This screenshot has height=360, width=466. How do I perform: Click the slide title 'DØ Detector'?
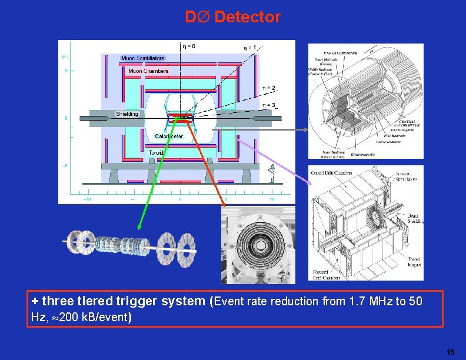(x=233, y=17)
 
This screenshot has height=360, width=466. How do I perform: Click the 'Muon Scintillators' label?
(x=142, y=58)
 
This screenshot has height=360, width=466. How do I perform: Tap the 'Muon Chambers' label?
(x=148, y=71)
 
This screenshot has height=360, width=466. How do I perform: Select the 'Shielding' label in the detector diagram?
(x=127, y=114)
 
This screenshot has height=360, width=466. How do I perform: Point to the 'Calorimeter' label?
(x=169, y=136)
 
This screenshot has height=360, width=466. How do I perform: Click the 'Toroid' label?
(x=156, y=152)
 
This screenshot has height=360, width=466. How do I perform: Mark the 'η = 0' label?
(x=189, y=45)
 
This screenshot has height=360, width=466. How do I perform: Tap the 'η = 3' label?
(x=268, y=105)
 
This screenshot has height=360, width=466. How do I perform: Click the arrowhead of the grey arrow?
(x=306, y=130)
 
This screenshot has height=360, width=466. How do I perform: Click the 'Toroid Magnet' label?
(x=415, y=262)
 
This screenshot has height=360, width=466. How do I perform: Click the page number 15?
(x=450, y=352)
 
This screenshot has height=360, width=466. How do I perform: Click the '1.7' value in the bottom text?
(x=357, y=302)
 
